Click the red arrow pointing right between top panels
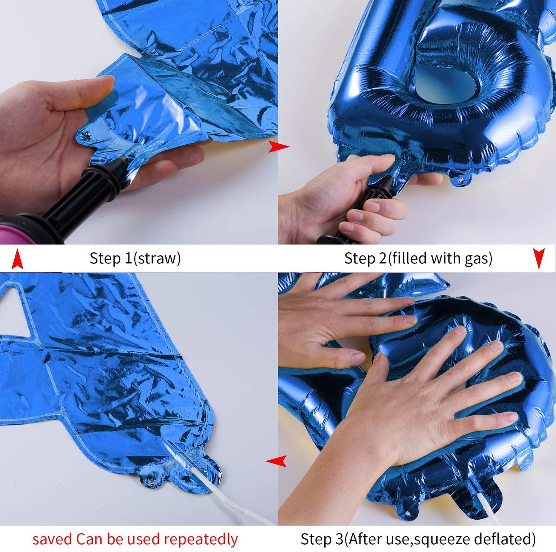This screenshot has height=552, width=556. pyautogui.click(x=279, y=147)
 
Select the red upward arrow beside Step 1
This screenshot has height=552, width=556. pyautogui.click(x=17, y=258)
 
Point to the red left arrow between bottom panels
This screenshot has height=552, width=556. pyautogui.click(x=276, y=460)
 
